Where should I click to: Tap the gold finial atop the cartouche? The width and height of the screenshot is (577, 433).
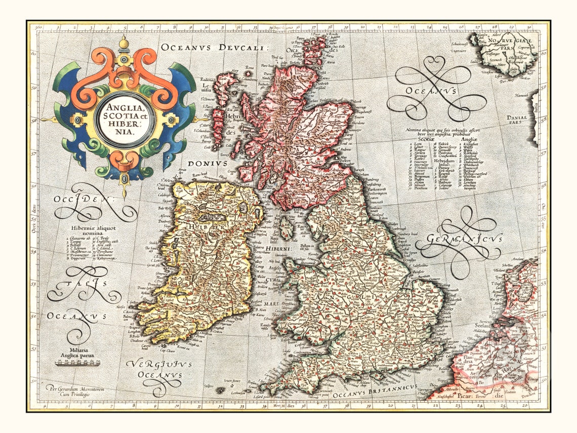point(123,44)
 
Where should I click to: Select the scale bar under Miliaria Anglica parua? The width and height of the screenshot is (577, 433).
point(77,363)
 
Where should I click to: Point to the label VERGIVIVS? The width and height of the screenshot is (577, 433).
point(153,365)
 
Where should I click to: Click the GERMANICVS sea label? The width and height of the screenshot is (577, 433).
point(465,239)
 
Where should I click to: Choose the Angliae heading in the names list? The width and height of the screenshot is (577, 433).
point(469,139)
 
